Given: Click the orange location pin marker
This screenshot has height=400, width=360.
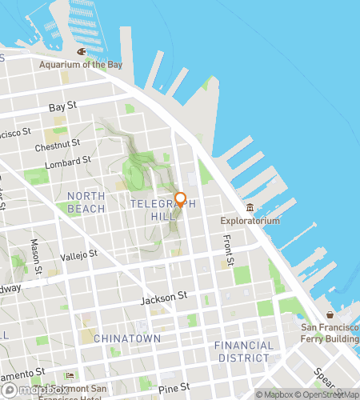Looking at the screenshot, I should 180,200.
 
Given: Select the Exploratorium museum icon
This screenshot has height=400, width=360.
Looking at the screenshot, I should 250,208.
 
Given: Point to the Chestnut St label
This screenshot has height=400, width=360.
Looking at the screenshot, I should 58,146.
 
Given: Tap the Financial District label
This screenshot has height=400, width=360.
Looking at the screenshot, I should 243,350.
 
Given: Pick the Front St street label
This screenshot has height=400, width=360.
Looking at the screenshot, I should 229,250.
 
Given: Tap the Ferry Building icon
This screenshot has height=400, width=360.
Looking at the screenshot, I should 329,314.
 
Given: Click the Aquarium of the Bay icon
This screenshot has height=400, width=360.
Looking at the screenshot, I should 81,52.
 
